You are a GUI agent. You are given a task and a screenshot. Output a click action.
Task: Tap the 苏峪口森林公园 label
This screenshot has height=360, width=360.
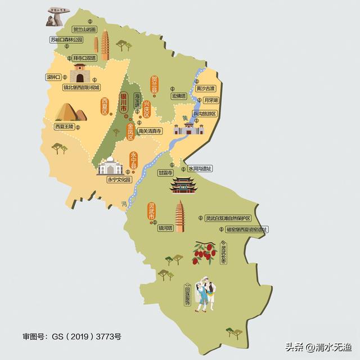66,39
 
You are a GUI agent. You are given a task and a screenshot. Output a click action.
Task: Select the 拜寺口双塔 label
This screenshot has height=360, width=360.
84,57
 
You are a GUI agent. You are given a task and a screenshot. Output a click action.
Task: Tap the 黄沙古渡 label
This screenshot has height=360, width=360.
206,89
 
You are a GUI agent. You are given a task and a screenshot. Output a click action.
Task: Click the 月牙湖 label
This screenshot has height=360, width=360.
210,100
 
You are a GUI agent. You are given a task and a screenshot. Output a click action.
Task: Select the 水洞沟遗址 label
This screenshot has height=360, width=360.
200,168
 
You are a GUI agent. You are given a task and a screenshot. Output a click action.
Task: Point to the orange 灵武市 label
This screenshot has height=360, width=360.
151,212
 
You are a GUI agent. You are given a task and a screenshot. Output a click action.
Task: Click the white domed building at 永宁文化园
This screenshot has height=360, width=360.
111,166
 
